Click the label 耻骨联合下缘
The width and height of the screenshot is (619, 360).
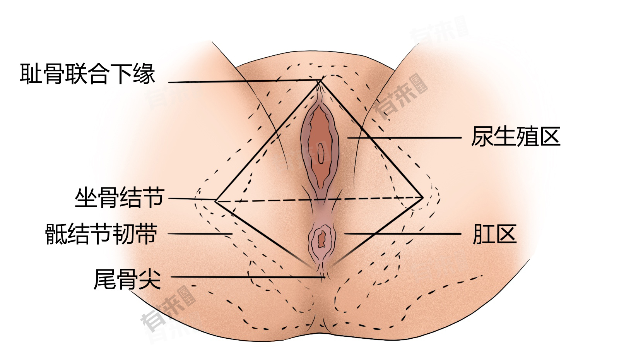[x=87, y=74]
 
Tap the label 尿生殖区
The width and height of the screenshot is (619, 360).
[x=516, y=137]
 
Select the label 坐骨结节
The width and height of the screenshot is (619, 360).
[x=120, y=198]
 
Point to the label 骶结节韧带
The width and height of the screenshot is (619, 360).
[x=101, y=234]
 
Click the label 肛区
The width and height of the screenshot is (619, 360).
[x=494, y=234]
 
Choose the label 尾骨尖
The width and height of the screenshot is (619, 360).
[x=127, y=279]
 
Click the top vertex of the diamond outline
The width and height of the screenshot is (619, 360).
[x=321, y=81]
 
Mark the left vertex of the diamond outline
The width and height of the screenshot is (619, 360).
[x=215, y=201]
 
